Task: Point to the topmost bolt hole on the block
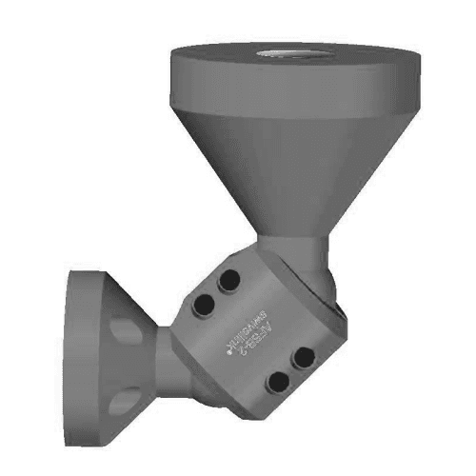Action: click(x=229, y=282)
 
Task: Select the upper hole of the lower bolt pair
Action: click(x=303, y=357)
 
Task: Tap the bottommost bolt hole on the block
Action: click(x=278, y=382)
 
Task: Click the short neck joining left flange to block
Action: click(x=167, y=362)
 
